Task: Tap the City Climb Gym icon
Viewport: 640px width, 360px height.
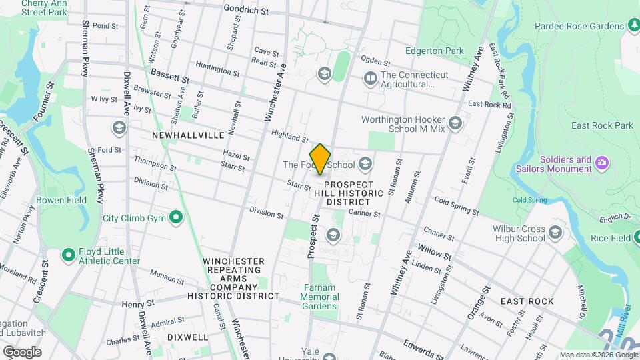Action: coord(175,217)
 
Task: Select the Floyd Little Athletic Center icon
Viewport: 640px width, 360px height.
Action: coord(68,255)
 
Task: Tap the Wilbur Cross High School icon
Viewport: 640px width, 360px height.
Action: coord(555,233)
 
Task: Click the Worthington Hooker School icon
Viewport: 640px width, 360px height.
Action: coord(455,123)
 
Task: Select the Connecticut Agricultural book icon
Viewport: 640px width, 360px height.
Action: coord(370,79)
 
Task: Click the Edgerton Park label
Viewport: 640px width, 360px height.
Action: coord(435,51)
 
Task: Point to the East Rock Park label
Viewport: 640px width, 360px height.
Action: coord(602,125)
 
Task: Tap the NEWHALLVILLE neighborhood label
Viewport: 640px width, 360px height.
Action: coord(188,135)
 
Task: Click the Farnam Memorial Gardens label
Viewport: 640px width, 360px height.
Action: coord(320,297)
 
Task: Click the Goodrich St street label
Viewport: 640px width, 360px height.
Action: coord(245,11)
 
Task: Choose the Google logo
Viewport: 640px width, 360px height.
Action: coord(22,351)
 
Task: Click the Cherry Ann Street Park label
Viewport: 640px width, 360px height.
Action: coord(44,7)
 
